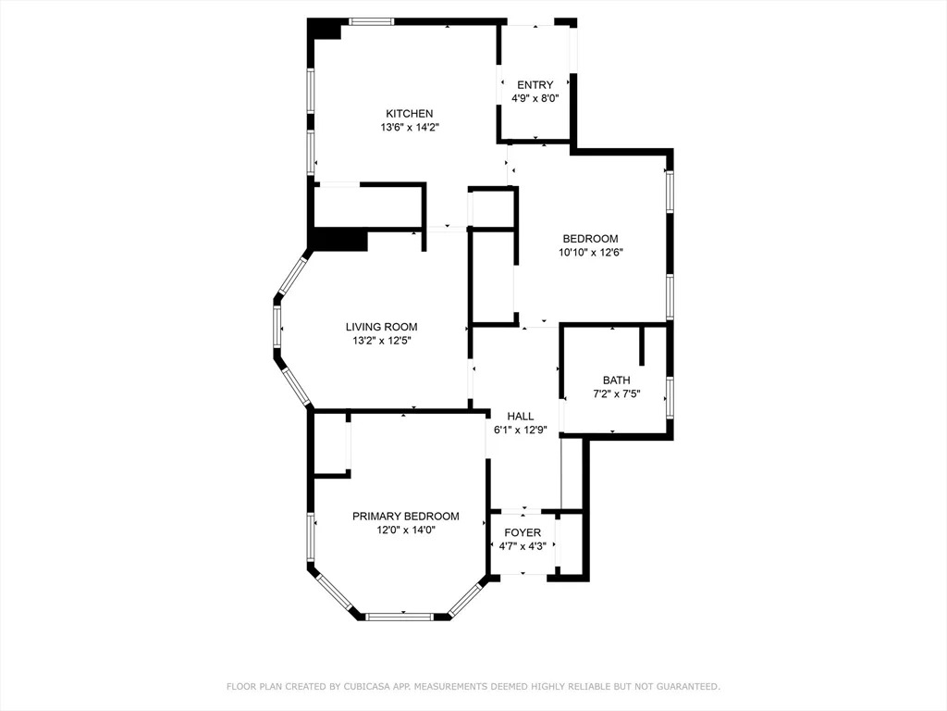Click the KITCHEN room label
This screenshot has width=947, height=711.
409,114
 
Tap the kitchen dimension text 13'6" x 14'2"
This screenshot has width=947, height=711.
409,128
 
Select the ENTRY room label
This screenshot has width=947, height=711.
535,85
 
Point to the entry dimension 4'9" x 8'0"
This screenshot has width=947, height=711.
535,98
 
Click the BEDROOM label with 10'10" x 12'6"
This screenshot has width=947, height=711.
590,239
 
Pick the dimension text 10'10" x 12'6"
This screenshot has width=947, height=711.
590,252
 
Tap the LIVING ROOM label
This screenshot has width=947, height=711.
381,327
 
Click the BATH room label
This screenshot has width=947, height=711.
616,380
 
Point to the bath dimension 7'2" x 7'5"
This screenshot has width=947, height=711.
616,394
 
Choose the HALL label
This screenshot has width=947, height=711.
521,417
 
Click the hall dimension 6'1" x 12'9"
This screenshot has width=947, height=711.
521,430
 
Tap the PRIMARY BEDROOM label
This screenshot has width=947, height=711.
405,517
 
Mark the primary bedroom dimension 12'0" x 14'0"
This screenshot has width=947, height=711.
405,530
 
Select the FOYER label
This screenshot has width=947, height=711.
523,533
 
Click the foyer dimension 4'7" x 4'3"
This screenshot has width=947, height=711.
523,546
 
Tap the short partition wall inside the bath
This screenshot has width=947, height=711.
641,345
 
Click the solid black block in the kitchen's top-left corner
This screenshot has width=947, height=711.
323,30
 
